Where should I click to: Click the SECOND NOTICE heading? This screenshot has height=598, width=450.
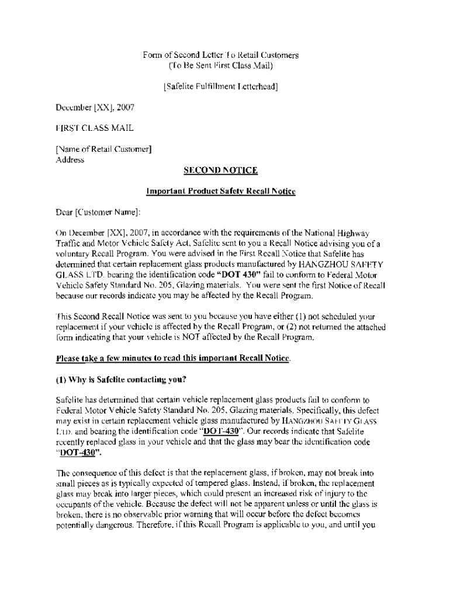[x=220, y=171]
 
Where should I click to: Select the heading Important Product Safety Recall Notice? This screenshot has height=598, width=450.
[x=220, y=192]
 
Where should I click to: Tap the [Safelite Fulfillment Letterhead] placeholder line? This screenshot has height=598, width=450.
[x=220, y=88]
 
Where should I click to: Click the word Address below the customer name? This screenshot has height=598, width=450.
[x=70, y=159]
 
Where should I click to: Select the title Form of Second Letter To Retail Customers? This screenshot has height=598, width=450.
[x=220, y=55]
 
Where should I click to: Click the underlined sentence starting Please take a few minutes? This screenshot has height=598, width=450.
[x=173, y=359]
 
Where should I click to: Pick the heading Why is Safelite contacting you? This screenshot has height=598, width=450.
[x=120, y=380]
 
